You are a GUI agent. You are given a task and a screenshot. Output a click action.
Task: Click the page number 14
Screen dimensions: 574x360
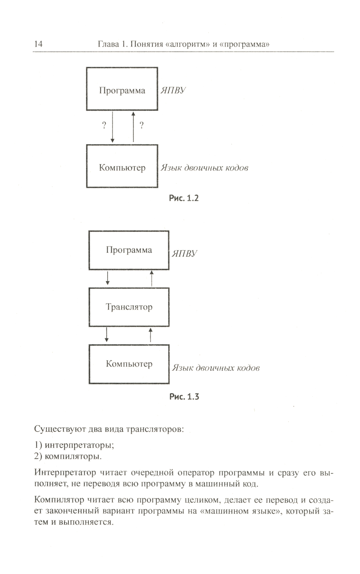(x=38, y=44)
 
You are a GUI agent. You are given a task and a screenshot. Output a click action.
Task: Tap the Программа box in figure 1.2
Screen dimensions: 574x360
(x=122, y=89)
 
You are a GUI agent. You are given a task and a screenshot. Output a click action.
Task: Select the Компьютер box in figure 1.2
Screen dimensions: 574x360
(x=122, y=166)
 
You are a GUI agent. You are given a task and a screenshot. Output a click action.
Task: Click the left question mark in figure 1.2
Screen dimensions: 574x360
(x=104, y=125)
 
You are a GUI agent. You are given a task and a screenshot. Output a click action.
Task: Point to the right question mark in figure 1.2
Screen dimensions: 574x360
(x=141, y=125)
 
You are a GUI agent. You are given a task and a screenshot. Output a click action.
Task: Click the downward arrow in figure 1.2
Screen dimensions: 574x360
(x=112, y=127)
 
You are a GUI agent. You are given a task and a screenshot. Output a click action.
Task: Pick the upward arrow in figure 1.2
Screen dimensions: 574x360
(x=133, y=127)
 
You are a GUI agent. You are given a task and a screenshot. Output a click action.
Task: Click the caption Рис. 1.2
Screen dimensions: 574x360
(x=184, y=198)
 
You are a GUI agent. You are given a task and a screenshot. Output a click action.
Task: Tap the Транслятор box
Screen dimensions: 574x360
(x=129, y=307)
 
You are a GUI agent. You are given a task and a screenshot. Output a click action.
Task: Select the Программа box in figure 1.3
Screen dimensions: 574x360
(x=129, y=250)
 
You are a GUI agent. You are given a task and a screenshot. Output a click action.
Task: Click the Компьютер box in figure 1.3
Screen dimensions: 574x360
(x=129, y=364)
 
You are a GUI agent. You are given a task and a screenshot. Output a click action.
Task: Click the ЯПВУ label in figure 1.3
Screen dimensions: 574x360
(x=184, y=254)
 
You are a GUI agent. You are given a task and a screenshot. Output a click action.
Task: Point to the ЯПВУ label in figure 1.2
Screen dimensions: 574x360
(x=173, y=90)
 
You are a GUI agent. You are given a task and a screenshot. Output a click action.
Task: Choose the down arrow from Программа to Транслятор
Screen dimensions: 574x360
(x=108, y=278)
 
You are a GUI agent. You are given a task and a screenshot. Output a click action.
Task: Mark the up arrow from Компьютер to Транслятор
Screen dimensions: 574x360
(x=150, y=335)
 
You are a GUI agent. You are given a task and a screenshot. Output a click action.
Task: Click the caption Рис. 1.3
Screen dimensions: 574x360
(x=184, y=397)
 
